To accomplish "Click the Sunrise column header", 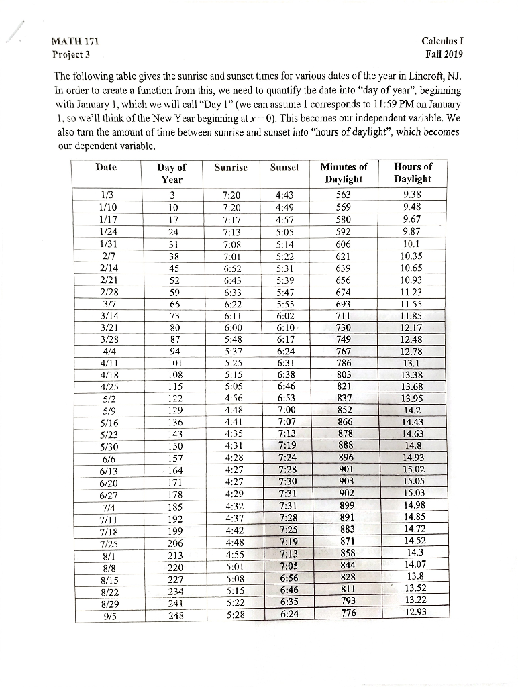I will pyautogui.click(x=230, y=167).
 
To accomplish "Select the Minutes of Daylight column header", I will pyautogui.click(x=344, y=173).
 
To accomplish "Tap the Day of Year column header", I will pyautogui.click(x=172, y=173).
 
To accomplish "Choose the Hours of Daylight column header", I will pyautogui.click(x=413, y=173).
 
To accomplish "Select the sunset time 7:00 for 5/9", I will pyautogui.click(x=287, y=409).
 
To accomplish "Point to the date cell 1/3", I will pyautogui.click(x=105, y=195).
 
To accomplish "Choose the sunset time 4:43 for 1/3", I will pyautogui.click(x=287, y=195).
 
